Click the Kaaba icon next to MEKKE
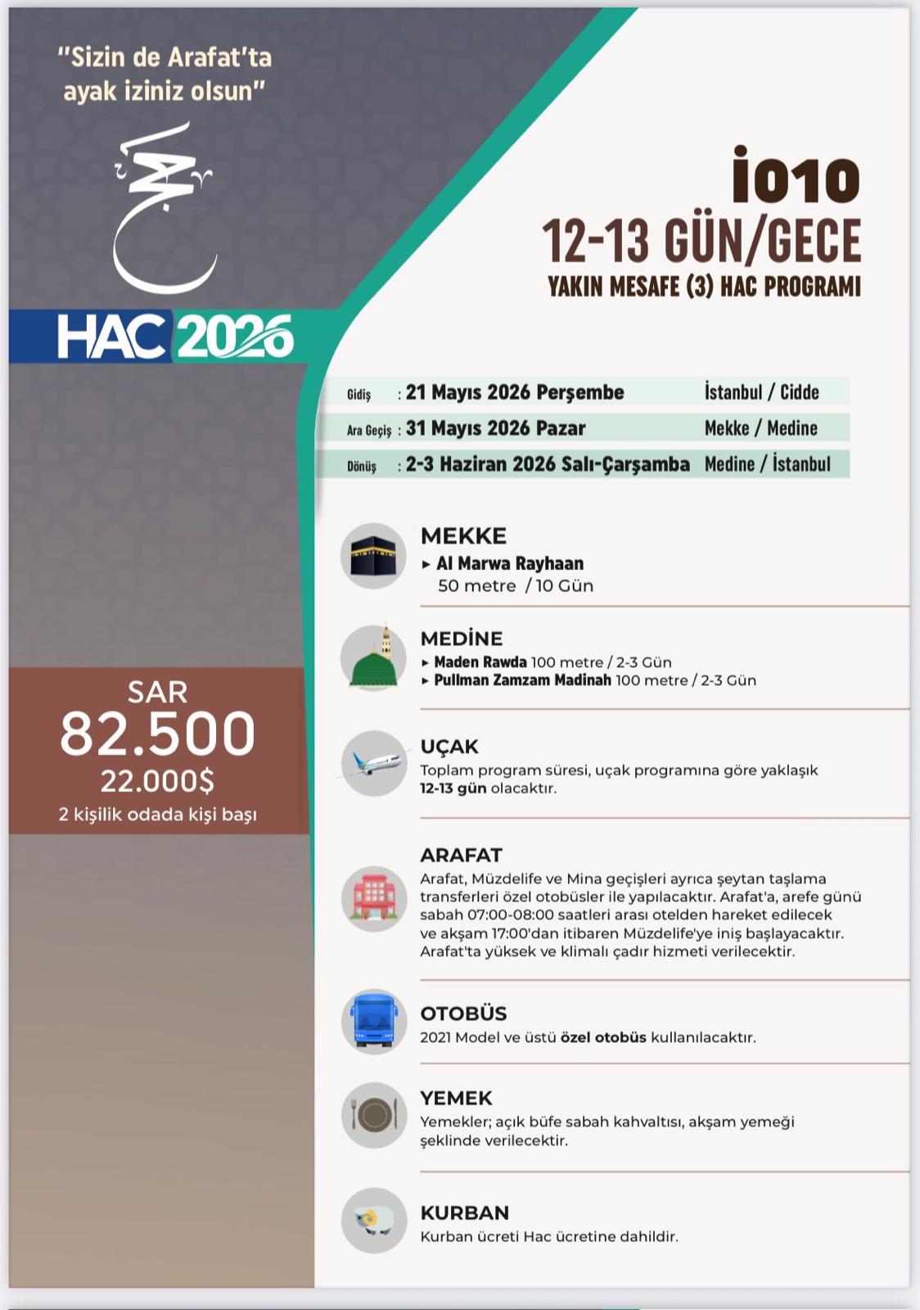373,556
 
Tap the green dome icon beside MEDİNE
373,659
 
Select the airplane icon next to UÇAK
373,763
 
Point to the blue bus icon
373,1021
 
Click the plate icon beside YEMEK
373,1115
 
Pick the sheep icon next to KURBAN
373,1221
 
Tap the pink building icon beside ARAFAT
373,899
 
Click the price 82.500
157,734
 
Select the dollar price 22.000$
157,781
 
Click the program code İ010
796,177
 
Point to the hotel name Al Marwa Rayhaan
509,563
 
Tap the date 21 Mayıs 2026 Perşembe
514,392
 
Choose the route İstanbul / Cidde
761,392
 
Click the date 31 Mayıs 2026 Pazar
495,428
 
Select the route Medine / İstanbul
767,464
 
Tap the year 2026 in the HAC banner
235,337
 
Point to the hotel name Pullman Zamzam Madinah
522,680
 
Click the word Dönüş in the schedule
362,467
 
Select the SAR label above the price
157,693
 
